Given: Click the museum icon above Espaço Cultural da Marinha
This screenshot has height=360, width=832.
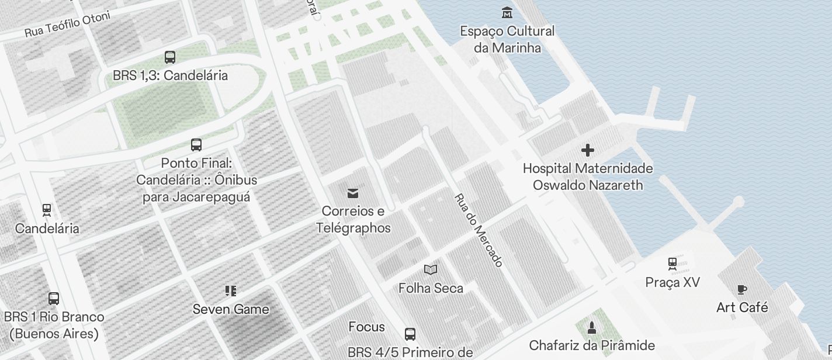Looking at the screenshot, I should pyautogui.click(x=507, y=12).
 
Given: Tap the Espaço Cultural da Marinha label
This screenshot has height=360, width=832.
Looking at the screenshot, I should pyautogui.click(x=507, y=39).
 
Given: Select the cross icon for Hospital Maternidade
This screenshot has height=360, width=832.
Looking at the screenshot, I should pyautogui.click(x=587, y=151).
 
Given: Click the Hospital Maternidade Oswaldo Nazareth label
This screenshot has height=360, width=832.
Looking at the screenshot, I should pyautogui.click(x=587, y=176).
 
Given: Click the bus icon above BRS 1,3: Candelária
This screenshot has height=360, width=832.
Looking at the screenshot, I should pyautogui.click(x=170, y=57).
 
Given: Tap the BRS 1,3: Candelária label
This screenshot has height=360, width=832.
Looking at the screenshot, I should pyautogui.click(x=170, y=75).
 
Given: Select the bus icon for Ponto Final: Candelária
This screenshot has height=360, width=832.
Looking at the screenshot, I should pyautogui.click(x=196, y=144).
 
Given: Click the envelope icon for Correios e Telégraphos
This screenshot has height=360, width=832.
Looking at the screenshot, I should pyautogui.click(x=353, y=193).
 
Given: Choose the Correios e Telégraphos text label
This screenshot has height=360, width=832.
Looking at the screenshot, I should pyautogui.click(x=353, y=219).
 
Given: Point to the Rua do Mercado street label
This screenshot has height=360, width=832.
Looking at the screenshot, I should pyautogui.click(x=479, y=230).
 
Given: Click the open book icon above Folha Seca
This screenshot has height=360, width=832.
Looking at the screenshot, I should pyautogui.click(x=431, y=269).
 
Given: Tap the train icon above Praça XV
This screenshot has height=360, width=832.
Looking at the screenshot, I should pyautogui.click(x=672, y=264).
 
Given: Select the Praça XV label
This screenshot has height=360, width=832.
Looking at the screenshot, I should pyautogui.click(x=672, y=282).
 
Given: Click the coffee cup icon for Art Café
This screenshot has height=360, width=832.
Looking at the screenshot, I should pyautogui.click(x=742, y=289).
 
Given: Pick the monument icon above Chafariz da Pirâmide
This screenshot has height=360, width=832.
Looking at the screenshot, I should pyautogui.click(x=592, y=327).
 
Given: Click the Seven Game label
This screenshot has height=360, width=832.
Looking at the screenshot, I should pyautogui.click(x=231, y=309).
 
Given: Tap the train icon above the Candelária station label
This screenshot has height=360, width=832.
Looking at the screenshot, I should pyautogui.click(x=47, y=209).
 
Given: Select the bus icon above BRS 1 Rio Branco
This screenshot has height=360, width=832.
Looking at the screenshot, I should pyautogui.click(x=54, y=299).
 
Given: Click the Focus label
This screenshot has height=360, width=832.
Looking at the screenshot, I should pyautogui.click(x=366, y=327).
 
